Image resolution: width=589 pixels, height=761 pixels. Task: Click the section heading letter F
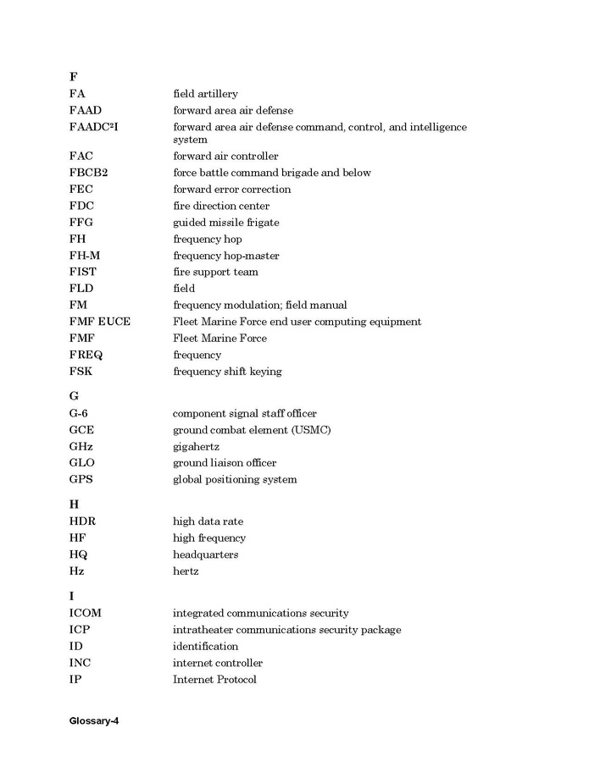click(73, 77)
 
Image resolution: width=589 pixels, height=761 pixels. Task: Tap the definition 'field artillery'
click(205, 94)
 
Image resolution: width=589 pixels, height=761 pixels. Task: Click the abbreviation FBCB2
click(88, 173)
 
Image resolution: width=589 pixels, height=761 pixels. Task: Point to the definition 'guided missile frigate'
click(225, 223)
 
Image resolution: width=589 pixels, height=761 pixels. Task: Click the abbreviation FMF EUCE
click(100, 322)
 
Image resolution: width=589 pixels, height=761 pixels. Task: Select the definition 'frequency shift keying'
click(227, 372)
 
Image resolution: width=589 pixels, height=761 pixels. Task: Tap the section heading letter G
click(74, 396)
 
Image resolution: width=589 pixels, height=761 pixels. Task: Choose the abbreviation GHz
click(81, 446)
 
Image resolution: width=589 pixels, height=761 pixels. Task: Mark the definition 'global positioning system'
click(235, 480)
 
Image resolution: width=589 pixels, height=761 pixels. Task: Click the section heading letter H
click(74, 505)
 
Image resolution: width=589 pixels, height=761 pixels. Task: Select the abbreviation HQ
click(78, 554)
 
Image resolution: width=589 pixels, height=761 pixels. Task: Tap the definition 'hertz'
click(186, 571)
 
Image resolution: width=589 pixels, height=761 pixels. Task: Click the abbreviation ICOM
click(86, 613)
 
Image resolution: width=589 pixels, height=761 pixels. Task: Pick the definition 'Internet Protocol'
click(214, 680)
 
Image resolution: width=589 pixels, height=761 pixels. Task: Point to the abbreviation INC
click(80, 663)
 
